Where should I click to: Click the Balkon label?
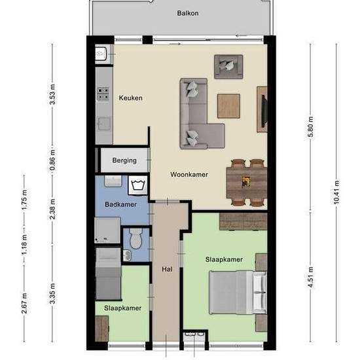tap(188, 13)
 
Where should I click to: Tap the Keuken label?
tap(131, 98)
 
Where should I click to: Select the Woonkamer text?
tap(189, 175)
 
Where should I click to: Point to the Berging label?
tap(124, 160)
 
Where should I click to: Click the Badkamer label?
tap(120, 204)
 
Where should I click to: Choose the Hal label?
tap(167, 269)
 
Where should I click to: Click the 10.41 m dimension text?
tap(336, 192)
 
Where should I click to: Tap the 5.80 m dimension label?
tap(310, 127)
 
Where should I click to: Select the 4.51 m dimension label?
tap(310, 277)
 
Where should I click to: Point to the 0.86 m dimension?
tap(52, 160)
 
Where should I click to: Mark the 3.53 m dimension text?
tap(52, 94)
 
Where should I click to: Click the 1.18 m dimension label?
tap(24, 244)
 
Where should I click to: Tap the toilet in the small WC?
tap(136, 238)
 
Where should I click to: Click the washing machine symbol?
tap(137, 185)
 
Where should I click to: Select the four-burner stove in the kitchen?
tap(103, 94)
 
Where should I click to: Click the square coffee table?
tap(228, 106)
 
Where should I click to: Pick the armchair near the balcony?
tap(228, 67)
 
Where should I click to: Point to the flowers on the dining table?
tap(246, 182)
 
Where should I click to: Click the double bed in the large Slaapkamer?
tap(238, 293)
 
